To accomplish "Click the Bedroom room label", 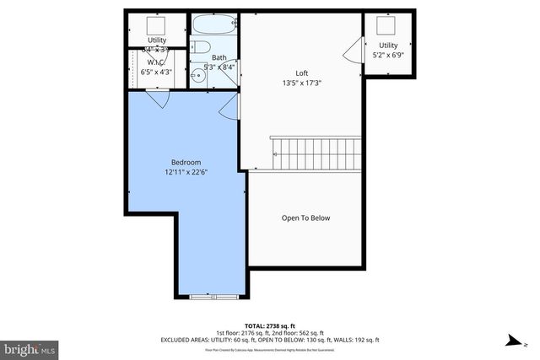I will pos(185,162).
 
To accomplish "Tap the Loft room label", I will pos(301,73).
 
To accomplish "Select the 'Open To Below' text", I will pos(305,218).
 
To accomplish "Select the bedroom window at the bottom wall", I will pos(213,296).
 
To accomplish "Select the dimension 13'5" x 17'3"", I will pos(301,83).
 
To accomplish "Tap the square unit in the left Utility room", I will pos(156,24).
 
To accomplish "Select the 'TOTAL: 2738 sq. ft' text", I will pos(269,325).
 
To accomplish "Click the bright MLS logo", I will pos(30,347).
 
